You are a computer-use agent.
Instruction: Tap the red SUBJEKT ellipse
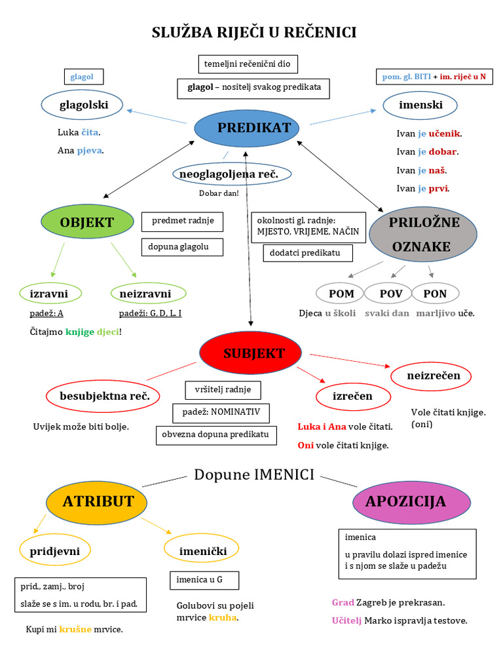click(250, 354)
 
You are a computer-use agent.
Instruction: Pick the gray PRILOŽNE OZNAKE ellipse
click(424, 235)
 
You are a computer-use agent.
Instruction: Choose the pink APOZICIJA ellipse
click(405, 502)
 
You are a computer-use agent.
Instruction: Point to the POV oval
click(391, 294)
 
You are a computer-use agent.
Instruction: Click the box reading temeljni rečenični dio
click(248, 64)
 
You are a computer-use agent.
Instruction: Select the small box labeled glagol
click(82, 77)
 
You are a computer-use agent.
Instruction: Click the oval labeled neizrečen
click(433, 376)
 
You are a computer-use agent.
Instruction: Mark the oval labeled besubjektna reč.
click(100, 396)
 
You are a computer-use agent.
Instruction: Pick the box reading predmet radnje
click(182, 221)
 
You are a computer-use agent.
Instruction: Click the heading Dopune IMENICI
click(254, 474)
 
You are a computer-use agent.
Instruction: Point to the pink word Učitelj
click(346, 621)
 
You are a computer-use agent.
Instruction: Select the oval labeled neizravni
click(145, 294)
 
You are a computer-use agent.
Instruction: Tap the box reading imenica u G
click(204, 581)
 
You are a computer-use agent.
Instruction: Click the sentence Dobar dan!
click(219, 193)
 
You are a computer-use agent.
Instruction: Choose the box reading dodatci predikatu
click(308, 253)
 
